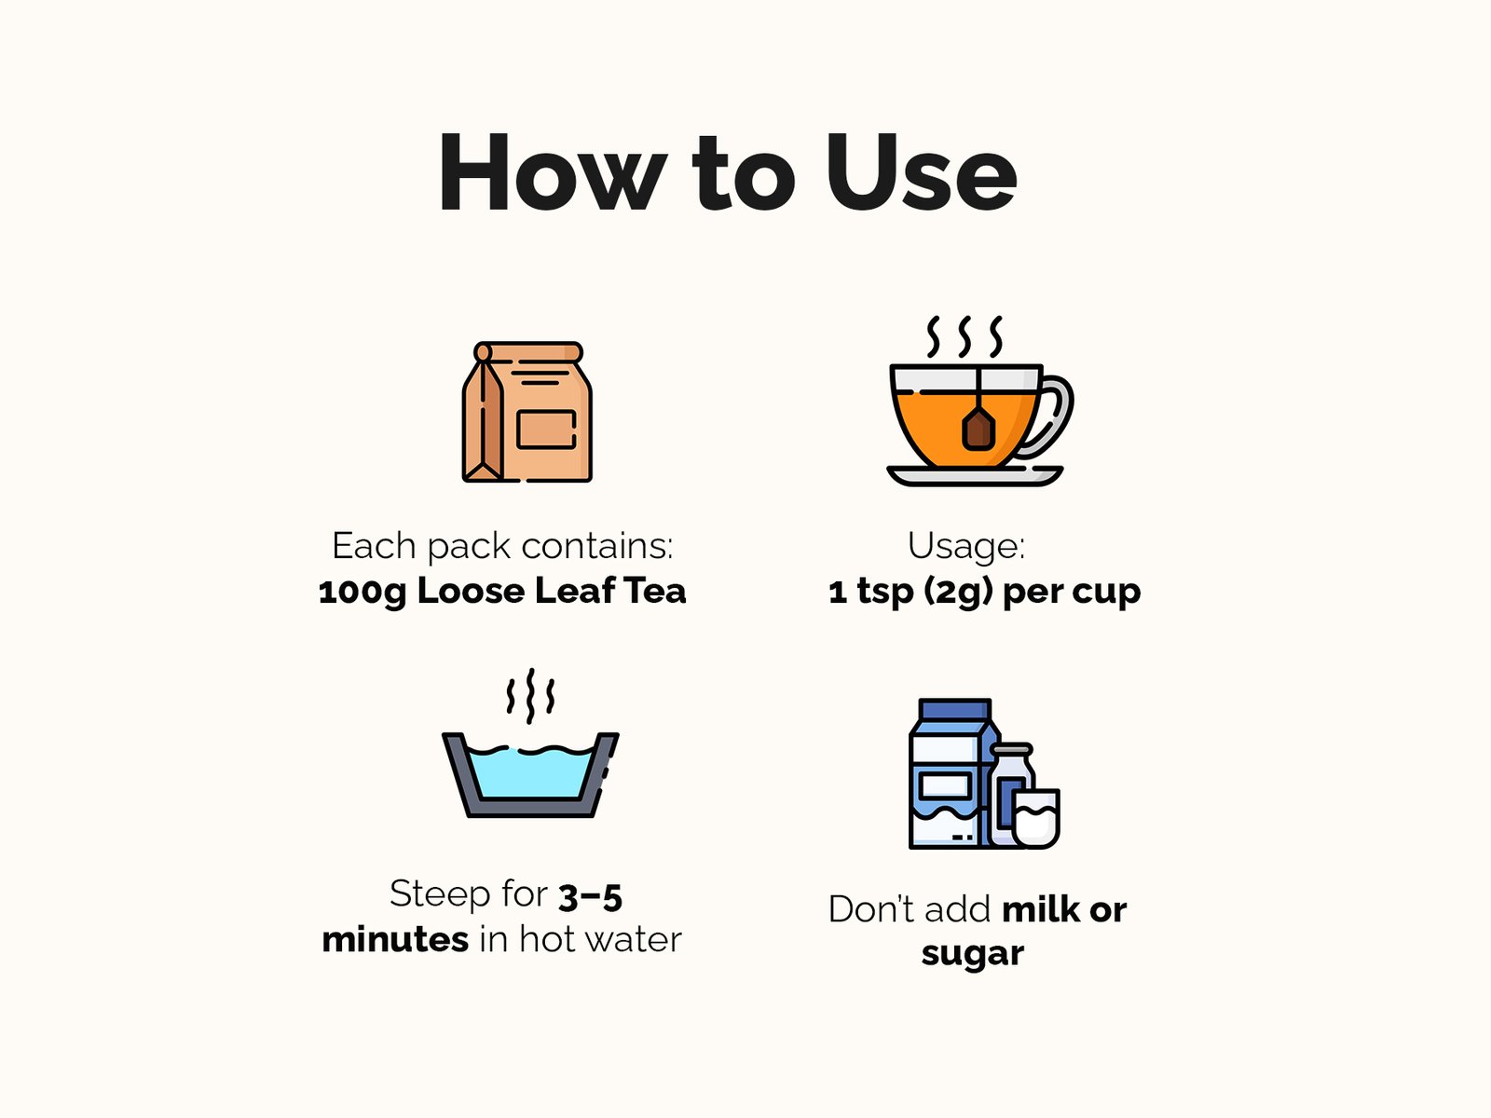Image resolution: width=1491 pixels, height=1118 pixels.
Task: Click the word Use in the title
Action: (922, 172)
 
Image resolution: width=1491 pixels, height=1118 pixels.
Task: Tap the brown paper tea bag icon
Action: (527, 412)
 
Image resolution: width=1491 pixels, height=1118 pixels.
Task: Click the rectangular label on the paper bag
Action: (546, 429)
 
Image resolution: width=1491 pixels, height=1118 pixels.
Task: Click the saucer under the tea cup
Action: (975, 476)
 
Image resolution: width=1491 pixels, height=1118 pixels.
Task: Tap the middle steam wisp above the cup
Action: (964, 336)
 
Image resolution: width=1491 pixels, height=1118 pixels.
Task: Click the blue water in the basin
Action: (530, 773)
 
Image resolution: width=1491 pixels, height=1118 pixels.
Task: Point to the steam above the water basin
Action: (530, 696)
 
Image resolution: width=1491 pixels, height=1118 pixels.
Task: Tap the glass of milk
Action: (1036, 819)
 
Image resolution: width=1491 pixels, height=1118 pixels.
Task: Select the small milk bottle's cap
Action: (1012, 750)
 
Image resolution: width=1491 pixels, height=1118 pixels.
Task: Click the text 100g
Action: (362, 592)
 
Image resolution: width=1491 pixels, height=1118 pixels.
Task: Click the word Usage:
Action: (966, 546)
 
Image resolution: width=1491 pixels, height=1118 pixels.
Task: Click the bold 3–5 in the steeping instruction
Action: (590, 897)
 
